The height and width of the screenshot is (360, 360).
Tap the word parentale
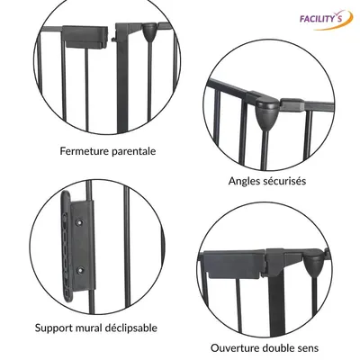tap(134, 151)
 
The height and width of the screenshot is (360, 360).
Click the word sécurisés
tap(286, 181)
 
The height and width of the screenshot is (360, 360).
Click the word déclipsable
tap(131, 328)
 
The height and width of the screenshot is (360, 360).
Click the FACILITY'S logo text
tap(320, 19)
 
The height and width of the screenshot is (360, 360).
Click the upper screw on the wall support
tap(80, 222)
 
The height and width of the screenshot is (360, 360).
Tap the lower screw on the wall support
tap(80, 270)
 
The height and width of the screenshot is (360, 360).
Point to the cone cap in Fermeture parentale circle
tap(149, 33)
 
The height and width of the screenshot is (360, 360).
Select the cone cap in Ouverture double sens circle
tap(311, 265)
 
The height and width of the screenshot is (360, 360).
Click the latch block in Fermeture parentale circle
tap(85, 37)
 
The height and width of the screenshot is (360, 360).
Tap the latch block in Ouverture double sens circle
tap(234, 265)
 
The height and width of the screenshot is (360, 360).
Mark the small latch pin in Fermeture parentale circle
tap(113, 39)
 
